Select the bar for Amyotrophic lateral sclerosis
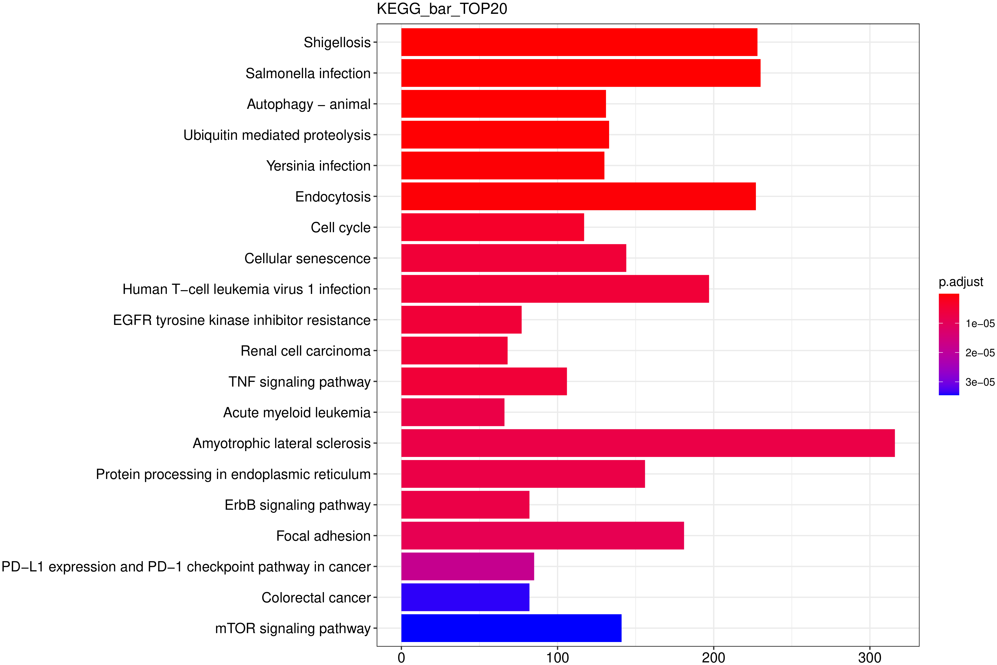[x=648, y=443]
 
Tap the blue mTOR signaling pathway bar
[x=511, y=628]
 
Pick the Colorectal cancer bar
[x=465, y=597]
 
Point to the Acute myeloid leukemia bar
[x=452, y=412]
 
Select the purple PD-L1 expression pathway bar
[x=467, y=566]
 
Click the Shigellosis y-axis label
[x=337, y=42]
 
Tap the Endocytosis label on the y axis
[x=333, y=197]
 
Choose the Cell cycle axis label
[x=341, y=228]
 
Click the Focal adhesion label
[x=323, y=536]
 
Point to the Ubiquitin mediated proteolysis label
[x=277, y=135]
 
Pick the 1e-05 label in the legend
[x=980, y=324]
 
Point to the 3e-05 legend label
[x=980, y=382]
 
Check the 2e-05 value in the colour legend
[x=980, y=353]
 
